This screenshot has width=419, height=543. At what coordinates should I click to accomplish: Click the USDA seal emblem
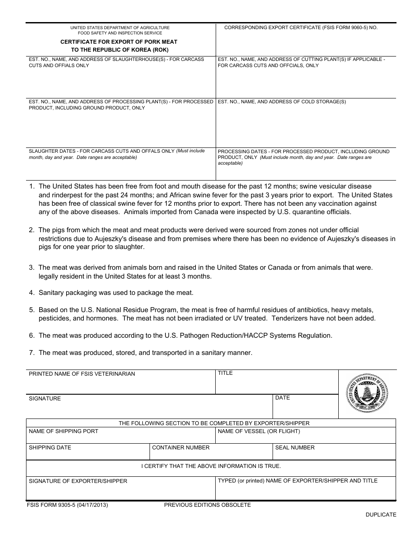tap(367, 393)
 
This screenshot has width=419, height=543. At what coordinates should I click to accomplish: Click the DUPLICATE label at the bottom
tap(381, 514)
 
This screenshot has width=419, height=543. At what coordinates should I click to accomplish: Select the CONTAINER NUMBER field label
tap(180, 448)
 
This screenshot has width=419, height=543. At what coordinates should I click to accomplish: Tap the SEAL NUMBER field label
tap(295, 448)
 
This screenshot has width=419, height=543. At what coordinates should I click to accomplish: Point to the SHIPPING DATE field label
tap(50, 448)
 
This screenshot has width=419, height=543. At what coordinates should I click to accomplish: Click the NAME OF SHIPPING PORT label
tap(64, 431)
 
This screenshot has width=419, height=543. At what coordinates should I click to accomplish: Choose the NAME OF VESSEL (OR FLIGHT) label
tap(258, 431)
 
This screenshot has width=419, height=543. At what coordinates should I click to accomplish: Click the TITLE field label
tap(225, 373)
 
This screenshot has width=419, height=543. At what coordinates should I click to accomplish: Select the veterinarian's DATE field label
tap(282, 398)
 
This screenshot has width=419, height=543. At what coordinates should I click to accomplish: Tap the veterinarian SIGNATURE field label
tap(45, 399)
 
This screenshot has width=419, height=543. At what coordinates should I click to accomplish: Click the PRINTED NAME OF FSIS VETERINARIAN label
tap(82, 374)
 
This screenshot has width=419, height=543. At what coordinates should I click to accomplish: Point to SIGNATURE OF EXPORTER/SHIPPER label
tap(78, 481)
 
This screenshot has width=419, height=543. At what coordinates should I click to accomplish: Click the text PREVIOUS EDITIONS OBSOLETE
tap(207, 505)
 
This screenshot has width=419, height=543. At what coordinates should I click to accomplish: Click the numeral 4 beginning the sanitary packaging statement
tap(32, 293)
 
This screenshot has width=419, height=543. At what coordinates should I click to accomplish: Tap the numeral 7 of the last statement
tap(32, 353)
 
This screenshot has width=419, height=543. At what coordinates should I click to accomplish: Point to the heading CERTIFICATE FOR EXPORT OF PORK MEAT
tap(119, 42)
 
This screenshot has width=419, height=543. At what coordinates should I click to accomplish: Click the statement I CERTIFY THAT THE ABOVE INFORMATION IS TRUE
tap(211, 466)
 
